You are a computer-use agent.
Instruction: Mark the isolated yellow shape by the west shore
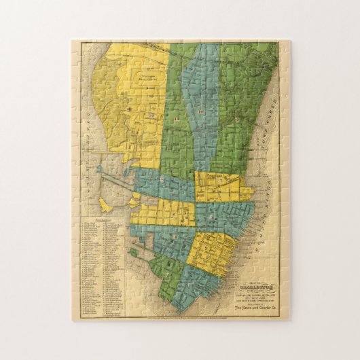tap(106, 203)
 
